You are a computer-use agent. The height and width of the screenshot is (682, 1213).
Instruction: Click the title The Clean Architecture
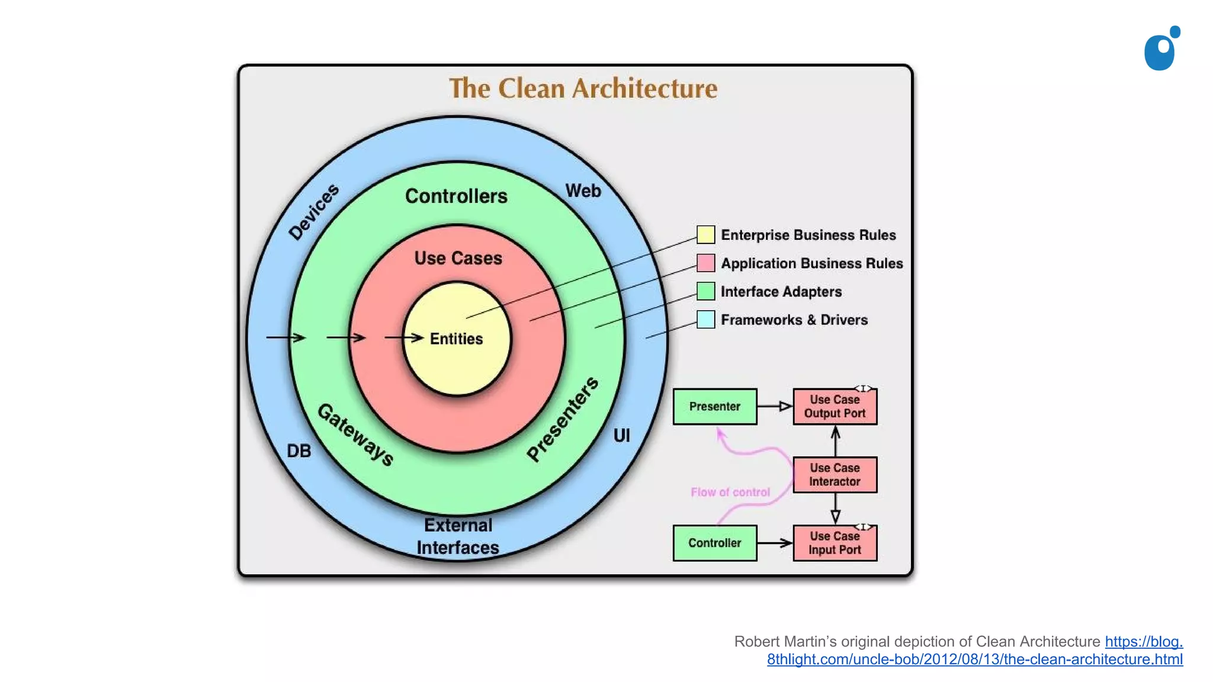click(583, 89)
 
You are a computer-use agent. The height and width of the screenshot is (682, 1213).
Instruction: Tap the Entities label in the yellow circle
click(456, 339)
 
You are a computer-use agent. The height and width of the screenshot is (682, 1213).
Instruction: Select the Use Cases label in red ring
click(458, 258)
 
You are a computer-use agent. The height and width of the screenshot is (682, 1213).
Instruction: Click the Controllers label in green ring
click(456, 196)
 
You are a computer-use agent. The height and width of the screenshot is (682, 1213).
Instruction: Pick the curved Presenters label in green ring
click(563, 419)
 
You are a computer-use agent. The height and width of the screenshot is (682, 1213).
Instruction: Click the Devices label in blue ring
click(314, 211)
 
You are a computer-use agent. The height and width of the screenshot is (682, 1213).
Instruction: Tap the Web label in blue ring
click(583, 191)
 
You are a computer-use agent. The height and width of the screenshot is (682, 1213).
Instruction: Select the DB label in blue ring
click(299, 451)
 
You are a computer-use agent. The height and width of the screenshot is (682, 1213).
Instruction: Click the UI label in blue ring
click(621, 436)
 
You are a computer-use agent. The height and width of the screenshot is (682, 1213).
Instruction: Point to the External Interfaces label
click(458, 536)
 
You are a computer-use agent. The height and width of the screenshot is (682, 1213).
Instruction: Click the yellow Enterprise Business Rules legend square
click(705, 234)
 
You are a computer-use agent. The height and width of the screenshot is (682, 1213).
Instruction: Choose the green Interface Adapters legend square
click(705, 291)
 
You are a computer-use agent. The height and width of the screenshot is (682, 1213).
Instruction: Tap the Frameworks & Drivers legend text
click(794, 320)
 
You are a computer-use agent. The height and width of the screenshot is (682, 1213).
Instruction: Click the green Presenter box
click(714, 407)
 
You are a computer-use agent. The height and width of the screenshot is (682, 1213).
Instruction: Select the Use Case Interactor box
click(835, 475)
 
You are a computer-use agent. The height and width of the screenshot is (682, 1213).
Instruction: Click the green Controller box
click(714, 543)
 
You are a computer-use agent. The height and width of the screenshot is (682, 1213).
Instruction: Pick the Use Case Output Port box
click(835, 407)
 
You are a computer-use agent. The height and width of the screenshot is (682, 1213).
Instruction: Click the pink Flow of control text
click(730, 492)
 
